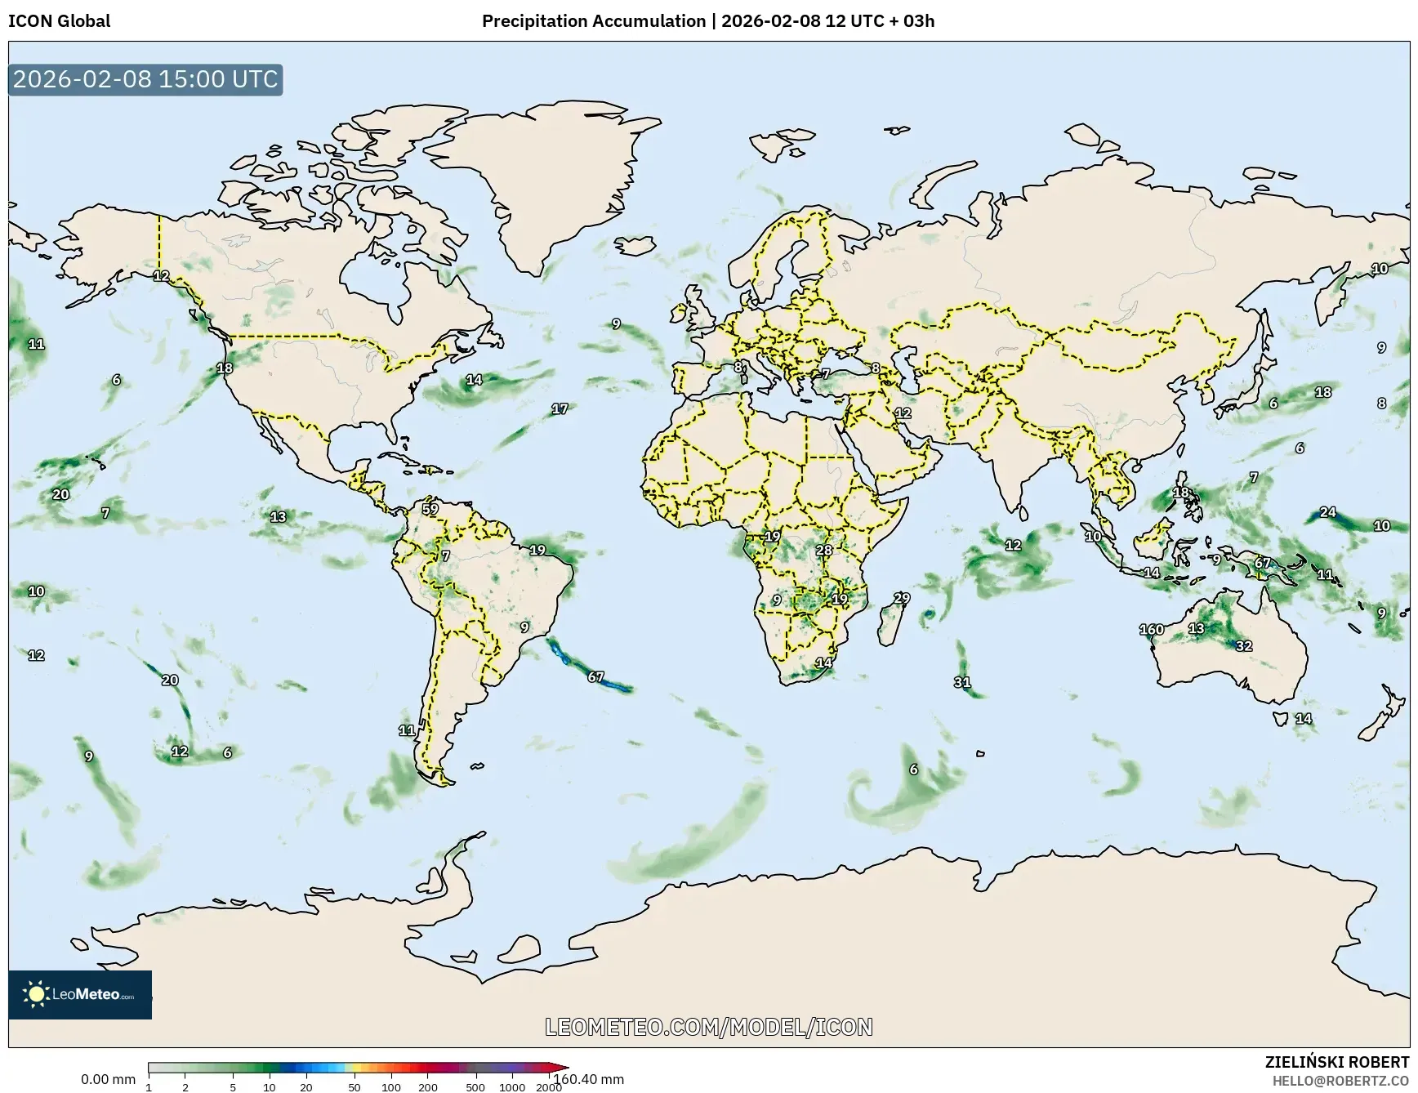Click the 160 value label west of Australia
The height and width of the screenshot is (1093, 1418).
(1151, 629)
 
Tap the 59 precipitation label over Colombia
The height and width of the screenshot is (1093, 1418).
(430, 509)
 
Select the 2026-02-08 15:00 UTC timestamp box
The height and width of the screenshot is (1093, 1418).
(145, 79)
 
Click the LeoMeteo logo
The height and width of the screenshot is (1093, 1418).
(80, 994)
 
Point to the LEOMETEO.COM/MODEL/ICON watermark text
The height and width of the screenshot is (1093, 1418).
(708, 1027)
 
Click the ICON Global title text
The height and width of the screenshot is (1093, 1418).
(59, 20)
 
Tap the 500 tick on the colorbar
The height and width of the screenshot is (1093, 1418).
(475, 1087)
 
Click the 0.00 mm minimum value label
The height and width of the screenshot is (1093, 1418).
(108, 1079)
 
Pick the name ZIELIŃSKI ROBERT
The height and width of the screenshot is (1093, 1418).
(1336, 1062)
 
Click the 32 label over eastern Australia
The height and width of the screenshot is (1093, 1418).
(1243, 645)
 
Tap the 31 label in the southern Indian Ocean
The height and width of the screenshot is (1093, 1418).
(962, 682)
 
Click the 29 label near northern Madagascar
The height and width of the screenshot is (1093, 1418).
(901, 598)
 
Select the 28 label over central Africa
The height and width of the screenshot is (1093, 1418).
(823, 550)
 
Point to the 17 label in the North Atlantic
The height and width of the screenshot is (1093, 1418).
(559, 408)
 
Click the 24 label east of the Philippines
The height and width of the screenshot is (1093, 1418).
(1327, 512)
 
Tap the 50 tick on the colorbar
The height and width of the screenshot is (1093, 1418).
(354, 1087)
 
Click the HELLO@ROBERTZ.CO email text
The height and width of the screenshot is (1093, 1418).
(1340, 1080)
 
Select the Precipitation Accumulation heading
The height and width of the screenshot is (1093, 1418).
(593, 20)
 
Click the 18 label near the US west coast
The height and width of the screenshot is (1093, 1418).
(224, 368)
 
